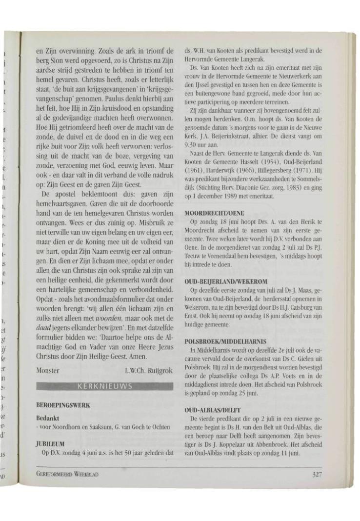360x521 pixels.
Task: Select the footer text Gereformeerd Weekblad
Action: coord(68,474)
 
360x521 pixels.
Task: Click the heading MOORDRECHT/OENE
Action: coord(215,214)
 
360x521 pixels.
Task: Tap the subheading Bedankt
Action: coord(47,419)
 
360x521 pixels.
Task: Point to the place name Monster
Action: coord(48,371)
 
